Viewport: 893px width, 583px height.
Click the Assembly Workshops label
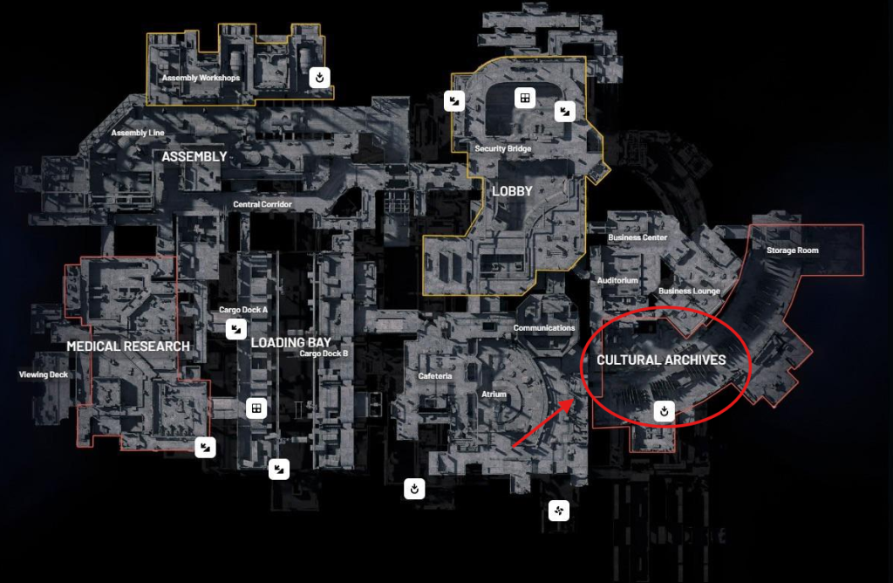[201, 78]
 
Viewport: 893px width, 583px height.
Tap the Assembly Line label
[138, 133]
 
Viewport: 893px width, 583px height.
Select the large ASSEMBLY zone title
[194, 156]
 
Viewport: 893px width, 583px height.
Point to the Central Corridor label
[262, 204]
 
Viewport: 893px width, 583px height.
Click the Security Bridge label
[503, 148]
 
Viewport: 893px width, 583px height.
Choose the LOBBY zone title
[512, 191]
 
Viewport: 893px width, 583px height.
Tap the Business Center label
[637, 237]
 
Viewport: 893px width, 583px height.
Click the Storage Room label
[793, 250]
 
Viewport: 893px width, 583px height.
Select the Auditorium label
[618, 280]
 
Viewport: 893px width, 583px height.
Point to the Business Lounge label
[689, 291]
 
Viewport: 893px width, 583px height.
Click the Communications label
[544, 328]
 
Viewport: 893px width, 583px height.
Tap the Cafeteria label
[435, 376]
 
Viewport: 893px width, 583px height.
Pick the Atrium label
[494, 394]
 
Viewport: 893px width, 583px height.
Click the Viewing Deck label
[44, 375]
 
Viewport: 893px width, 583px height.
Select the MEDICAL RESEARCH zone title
[128, 346]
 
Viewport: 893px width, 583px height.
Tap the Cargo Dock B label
[324, 353]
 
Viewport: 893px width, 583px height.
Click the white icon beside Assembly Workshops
[321, 78]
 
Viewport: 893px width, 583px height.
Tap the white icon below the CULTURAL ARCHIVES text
[665, 410]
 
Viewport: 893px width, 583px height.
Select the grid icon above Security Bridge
[525, 98]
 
